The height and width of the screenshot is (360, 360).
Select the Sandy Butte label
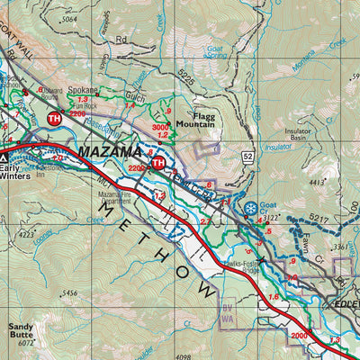coord(21,332)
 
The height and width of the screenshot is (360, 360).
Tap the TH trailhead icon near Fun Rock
coord(53,118)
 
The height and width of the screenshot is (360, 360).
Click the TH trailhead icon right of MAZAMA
coord(158,162)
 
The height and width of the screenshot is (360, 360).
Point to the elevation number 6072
coord(24,343)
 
